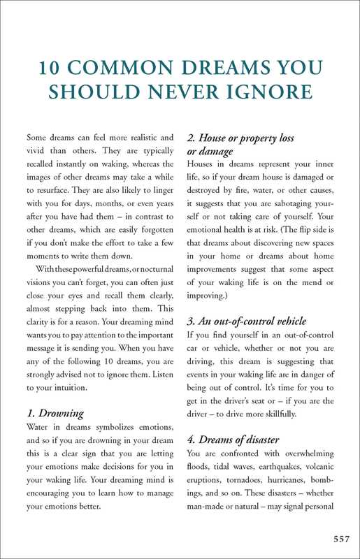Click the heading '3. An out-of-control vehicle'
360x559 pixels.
click(x=247, y=321)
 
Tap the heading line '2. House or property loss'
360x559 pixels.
click(x=240, y=138)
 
